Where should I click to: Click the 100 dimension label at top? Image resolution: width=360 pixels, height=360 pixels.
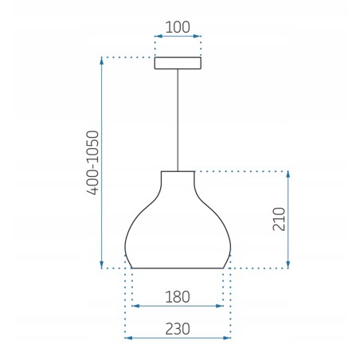tap(177, 26)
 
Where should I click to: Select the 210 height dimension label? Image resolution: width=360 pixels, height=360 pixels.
tap(278, 219)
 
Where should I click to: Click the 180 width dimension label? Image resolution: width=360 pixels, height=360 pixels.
tap(177, 297)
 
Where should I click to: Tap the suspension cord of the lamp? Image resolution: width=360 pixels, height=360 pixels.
tap(178, 119)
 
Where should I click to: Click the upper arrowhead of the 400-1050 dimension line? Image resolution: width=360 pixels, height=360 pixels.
tap(102, 61)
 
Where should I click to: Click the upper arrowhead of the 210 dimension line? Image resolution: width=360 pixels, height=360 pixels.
tap(288, 174)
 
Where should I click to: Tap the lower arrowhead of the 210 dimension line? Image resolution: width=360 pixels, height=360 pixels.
tap(288, 264)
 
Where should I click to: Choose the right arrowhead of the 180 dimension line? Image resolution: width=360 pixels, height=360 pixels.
tap(221, 306)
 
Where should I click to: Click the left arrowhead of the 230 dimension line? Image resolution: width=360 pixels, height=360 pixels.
tap(127, 338)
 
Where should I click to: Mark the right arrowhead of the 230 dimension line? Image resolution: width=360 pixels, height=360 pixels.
tap(228, 338)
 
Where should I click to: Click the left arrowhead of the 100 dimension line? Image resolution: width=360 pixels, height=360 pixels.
tap(157, 37)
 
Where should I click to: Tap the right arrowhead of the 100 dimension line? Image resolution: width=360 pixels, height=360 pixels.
tap(199, 37)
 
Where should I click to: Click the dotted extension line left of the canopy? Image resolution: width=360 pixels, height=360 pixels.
tap(127, 57)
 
